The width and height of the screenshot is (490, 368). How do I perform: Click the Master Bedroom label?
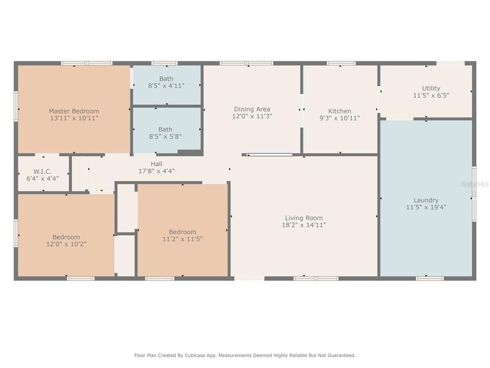point(74,111)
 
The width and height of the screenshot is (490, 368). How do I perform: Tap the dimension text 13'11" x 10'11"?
point(74,118)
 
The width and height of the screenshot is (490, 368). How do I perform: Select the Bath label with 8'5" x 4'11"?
point(166,79)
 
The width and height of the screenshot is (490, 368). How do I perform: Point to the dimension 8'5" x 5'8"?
point(165,137)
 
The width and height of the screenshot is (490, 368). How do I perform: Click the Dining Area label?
point(252,109)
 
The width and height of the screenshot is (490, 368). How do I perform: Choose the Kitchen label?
point(340,111)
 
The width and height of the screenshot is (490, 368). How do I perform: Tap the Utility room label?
point(431,89)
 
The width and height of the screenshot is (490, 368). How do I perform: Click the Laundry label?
point(426,200)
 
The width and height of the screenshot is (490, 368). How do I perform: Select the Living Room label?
point(304,218)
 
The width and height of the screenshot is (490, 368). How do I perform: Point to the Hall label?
point(156,164)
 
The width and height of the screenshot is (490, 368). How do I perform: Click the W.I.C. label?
point(43,172)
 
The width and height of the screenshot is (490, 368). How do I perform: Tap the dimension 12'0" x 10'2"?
point(66,244)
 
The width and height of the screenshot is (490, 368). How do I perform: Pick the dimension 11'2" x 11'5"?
point(182,239)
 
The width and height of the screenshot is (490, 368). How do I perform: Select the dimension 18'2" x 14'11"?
point(304,225)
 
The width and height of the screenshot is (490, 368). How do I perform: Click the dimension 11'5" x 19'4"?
point(426,207)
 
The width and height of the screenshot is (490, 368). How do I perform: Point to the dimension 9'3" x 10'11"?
point(340,118)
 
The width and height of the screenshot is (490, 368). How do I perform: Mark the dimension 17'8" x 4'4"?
point(156,171)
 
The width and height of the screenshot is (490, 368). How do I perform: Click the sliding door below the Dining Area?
point(269,155)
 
